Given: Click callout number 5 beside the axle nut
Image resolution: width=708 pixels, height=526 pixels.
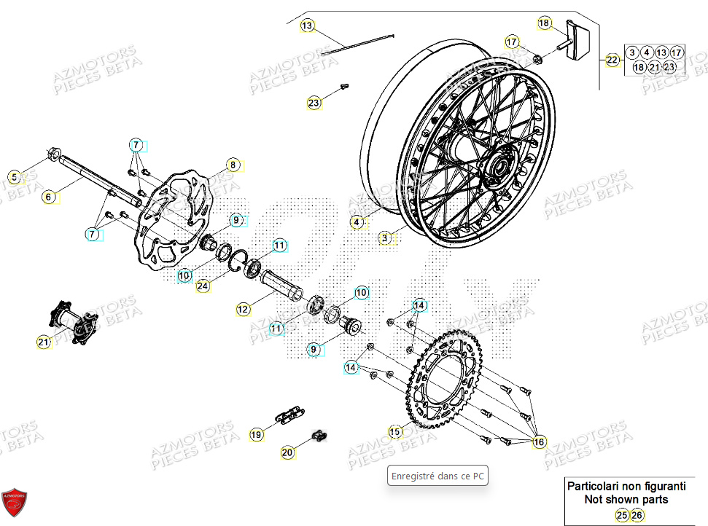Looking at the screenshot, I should coord(13,176).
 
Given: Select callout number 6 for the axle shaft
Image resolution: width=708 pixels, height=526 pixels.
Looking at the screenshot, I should coord(48,196).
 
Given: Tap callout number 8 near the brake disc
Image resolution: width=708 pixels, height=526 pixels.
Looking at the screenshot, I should coord(232,165).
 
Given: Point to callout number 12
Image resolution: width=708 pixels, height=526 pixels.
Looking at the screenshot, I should coord(243,310).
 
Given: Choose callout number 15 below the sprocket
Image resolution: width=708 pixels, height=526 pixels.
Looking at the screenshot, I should coord(394,432).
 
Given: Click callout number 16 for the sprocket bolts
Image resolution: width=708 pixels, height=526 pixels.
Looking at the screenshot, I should coord(539,442).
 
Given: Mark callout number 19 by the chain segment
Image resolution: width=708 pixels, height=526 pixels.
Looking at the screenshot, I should coord(256,435).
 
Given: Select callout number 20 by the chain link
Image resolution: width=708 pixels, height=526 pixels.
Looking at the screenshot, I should coord(287,453).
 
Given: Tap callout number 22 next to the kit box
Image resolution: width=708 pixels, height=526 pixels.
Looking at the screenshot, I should coord(611,60).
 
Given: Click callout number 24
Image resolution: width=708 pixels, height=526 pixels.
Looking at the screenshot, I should coord(203,286).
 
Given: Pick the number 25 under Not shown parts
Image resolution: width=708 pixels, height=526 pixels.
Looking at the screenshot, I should coord(621,515).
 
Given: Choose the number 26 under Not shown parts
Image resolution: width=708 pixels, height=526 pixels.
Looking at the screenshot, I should coord(637,515).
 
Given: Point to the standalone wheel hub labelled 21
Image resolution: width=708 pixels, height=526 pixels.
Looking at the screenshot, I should coord(73,321).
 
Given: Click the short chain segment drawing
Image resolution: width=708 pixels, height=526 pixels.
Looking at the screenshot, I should coord(289,415).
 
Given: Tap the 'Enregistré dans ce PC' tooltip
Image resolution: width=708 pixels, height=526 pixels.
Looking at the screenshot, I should coord(437,476).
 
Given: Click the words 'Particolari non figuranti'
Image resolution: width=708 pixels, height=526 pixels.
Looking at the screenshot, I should coord(626,486).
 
